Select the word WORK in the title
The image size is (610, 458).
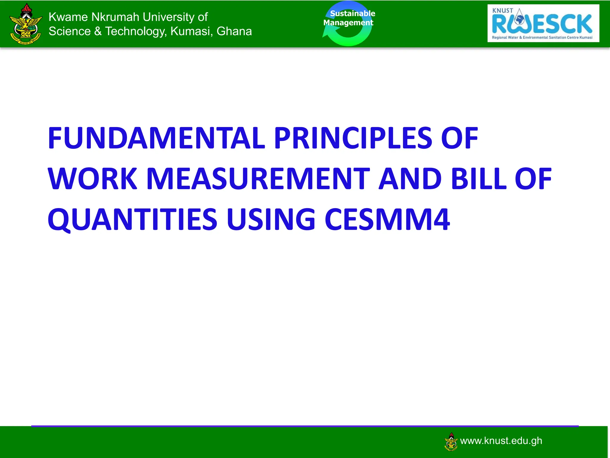[92, 179]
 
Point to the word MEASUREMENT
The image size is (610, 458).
[258, 179]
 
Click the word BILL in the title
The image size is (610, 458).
[479, 179]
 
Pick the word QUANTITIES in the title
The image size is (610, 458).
[132, 220]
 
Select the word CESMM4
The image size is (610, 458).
[387, 220]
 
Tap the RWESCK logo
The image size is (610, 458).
[543, 23]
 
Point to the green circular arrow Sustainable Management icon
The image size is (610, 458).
[348, 24]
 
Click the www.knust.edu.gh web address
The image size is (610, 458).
[501, 441]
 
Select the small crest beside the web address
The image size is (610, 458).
[451, 442]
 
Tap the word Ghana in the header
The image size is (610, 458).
[234, 31]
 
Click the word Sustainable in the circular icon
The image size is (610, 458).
[352, 13]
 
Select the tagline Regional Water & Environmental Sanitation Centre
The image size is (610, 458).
[542, 38]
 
